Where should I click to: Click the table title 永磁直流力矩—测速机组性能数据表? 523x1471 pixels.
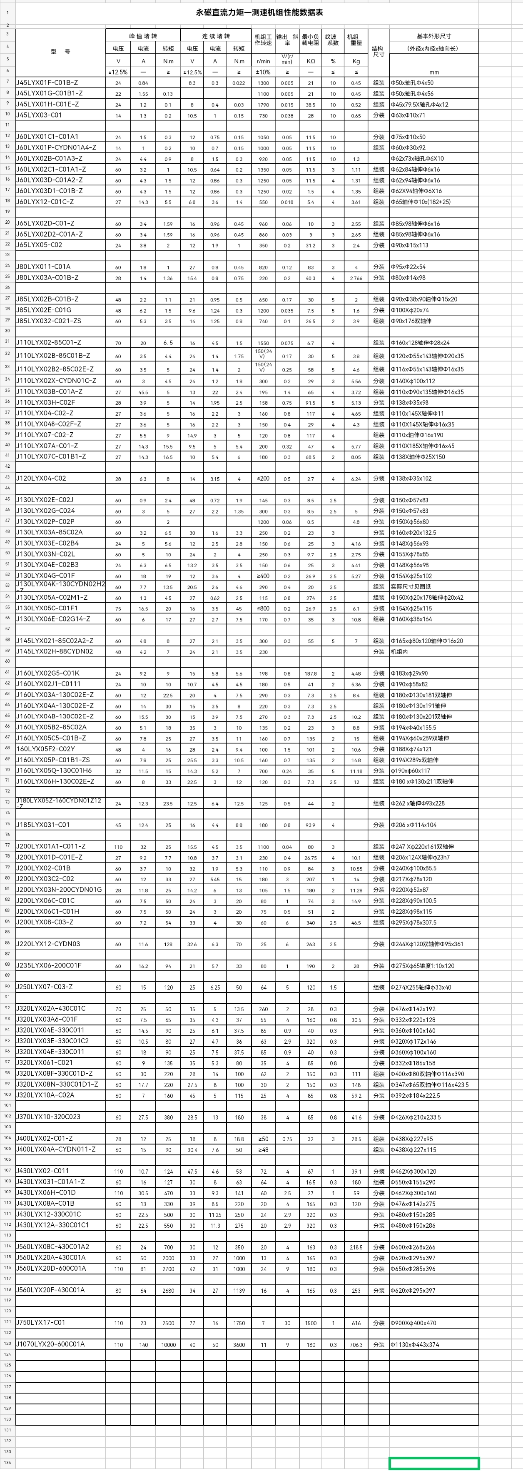(259, 12)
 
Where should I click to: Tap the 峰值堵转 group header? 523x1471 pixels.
(143, 36)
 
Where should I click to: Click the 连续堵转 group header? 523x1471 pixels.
(215, 36)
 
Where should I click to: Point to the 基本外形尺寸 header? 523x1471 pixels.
(433, 36)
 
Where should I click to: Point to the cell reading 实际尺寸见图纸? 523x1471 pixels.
(410, 586)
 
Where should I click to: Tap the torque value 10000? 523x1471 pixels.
(168, 1345)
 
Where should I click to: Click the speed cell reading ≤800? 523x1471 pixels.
(263, 608)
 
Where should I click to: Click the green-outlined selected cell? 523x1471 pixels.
(433, 1463)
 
